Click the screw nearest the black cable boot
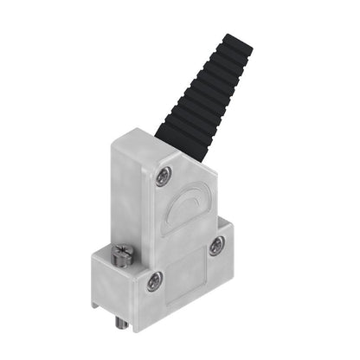coord(163,177)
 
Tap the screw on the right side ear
coord(215,248)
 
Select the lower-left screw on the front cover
coord(153,280)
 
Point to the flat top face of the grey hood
coord(143,140)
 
